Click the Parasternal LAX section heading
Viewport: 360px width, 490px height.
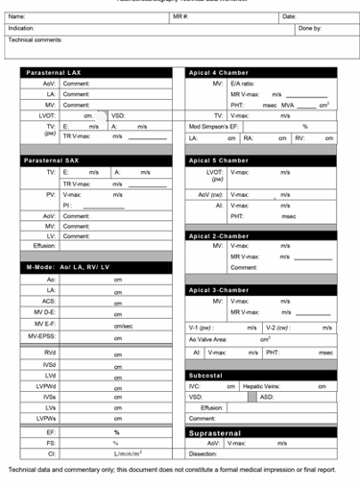point(58,73)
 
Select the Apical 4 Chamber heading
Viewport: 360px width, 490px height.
point(220,73)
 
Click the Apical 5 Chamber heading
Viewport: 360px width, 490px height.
point(220,160)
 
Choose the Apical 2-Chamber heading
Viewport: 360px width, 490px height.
point(220,235)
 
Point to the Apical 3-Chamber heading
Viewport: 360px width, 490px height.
point(220,290)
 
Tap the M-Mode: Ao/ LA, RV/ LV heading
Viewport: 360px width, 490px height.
point(67,267)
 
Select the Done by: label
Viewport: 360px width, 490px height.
point(309,29)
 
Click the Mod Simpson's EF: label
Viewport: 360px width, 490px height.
point(215,126)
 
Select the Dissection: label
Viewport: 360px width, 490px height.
point(204,453)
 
